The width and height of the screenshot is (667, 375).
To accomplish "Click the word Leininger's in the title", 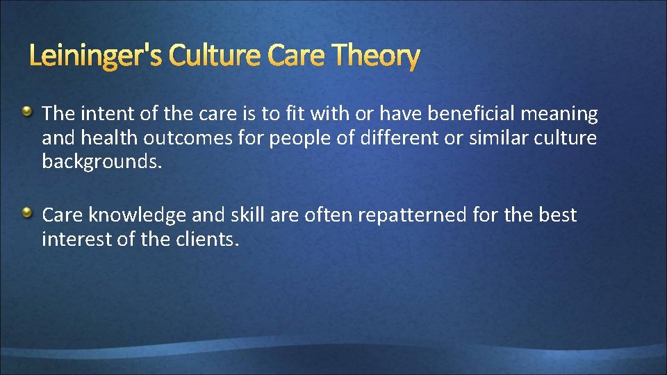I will coord(94,56).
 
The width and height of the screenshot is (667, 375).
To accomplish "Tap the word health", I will coord(110,138).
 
